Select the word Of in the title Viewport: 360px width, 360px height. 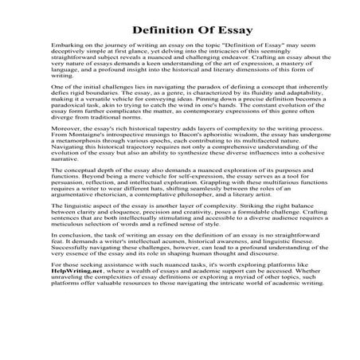pos(202,31)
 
